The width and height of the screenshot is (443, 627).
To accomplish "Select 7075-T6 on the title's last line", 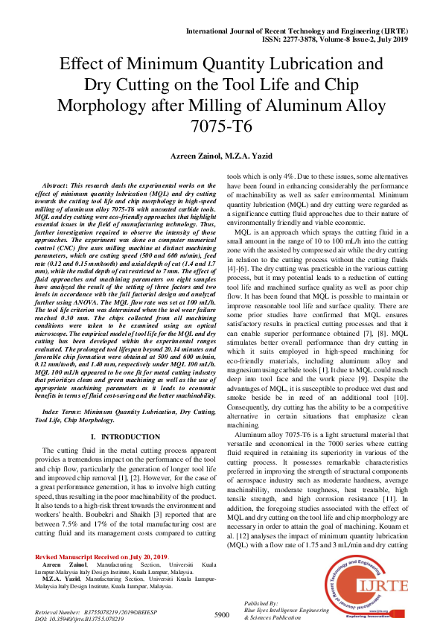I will click(221, 126).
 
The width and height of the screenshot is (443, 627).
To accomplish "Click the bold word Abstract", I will click(59, 182).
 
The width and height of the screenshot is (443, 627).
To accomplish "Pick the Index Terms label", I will click(63, 411).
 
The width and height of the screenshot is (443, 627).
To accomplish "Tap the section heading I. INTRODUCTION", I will click(126, 436).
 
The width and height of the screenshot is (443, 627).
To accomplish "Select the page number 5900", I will click(221, 614).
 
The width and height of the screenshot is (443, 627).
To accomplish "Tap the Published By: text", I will click(261, 603).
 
